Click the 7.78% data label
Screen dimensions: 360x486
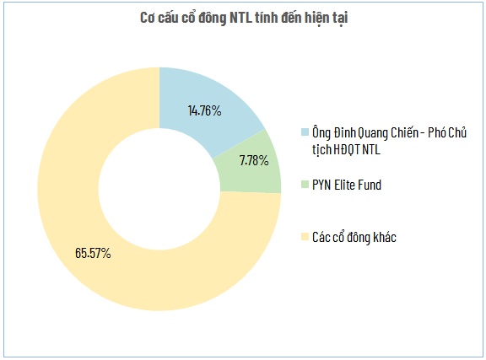click(x=249, y=160)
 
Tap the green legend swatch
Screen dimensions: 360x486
click(x=305, y=185)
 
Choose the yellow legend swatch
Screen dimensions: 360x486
click(x=305, y=237)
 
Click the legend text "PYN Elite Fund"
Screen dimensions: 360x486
click(x=347, y=185)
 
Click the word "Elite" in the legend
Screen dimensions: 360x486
click(x=343, y=185)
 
